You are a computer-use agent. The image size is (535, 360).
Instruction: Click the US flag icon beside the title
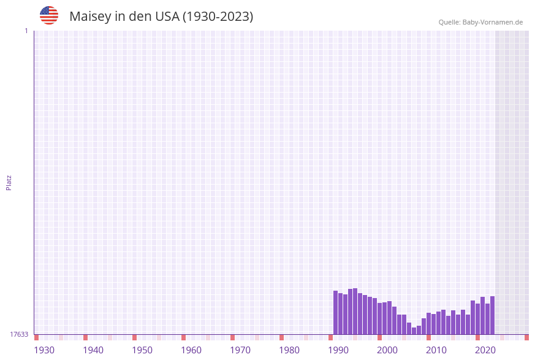pyautogui.click(x=49, y=15)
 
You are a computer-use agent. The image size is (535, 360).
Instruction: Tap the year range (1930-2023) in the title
pyautogui.click(x=218, y=17)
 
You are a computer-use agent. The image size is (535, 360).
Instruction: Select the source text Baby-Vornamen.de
pyautogui.click(x=493, y=23)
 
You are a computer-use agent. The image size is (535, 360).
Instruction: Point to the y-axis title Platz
pyautogui.click(x=9, y=182)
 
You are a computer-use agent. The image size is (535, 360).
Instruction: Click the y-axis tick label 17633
pyautogui.click(x=19, y=334)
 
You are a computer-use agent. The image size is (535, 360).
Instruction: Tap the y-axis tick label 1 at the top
pyautogui.click(x=26, y=31)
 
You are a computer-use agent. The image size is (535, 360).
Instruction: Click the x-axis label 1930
pyautogui.click(x=44, y=350)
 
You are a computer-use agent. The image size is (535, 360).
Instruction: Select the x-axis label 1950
pyautogui.click(x=142, y=350)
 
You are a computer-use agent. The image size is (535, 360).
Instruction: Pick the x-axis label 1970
pyautogui.click(x=240, y=350)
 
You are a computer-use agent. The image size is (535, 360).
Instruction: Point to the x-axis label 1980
pyautogui.click(x=289, y=350)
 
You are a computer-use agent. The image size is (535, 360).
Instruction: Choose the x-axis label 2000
pyautogui.click(x=387, y=350)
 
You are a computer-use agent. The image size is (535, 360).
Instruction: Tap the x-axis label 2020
pyautogui.click(x=485, y=350)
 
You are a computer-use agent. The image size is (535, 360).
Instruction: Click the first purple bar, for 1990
pyautogui.click(x=335, y=313)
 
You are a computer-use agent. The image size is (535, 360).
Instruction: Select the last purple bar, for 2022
pyautogui.click(x=492, y=315)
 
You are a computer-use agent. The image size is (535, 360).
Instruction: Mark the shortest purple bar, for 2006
pyautogui.click(x=414, y=331)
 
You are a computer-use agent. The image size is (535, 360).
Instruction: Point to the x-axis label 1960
pyautogui.click(x=191, y=350)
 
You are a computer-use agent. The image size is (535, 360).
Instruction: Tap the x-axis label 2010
pyautogui.click(x=436, y=350)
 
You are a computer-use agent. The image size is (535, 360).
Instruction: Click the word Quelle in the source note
pyautogui.click(x=449, y=23)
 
